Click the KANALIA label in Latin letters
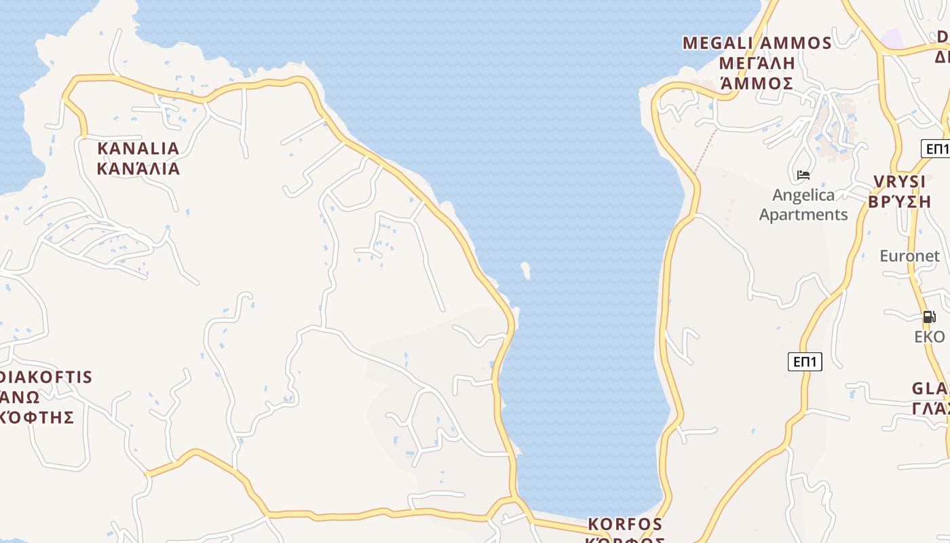(x=138, y=148)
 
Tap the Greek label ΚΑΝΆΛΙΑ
(x=138, y=168)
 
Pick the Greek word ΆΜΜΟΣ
(x=757, y=83)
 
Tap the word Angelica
(x=803, y=195)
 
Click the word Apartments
(x=803, y=214)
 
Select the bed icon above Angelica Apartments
(x=803, y=175)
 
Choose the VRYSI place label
(x=900, y=181)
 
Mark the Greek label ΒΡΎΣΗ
(x=900, y=202)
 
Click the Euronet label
(x=910, y=256)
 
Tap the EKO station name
(x=930, y=337)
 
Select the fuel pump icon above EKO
(x=929, y=316)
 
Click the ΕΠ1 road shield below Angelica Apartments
(x=805, y=362)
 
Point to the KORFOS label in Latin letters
(x=625, y=524)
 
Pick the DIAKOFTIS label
(x=46, y=377)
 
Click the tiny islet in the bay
(x=525, y=270)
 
